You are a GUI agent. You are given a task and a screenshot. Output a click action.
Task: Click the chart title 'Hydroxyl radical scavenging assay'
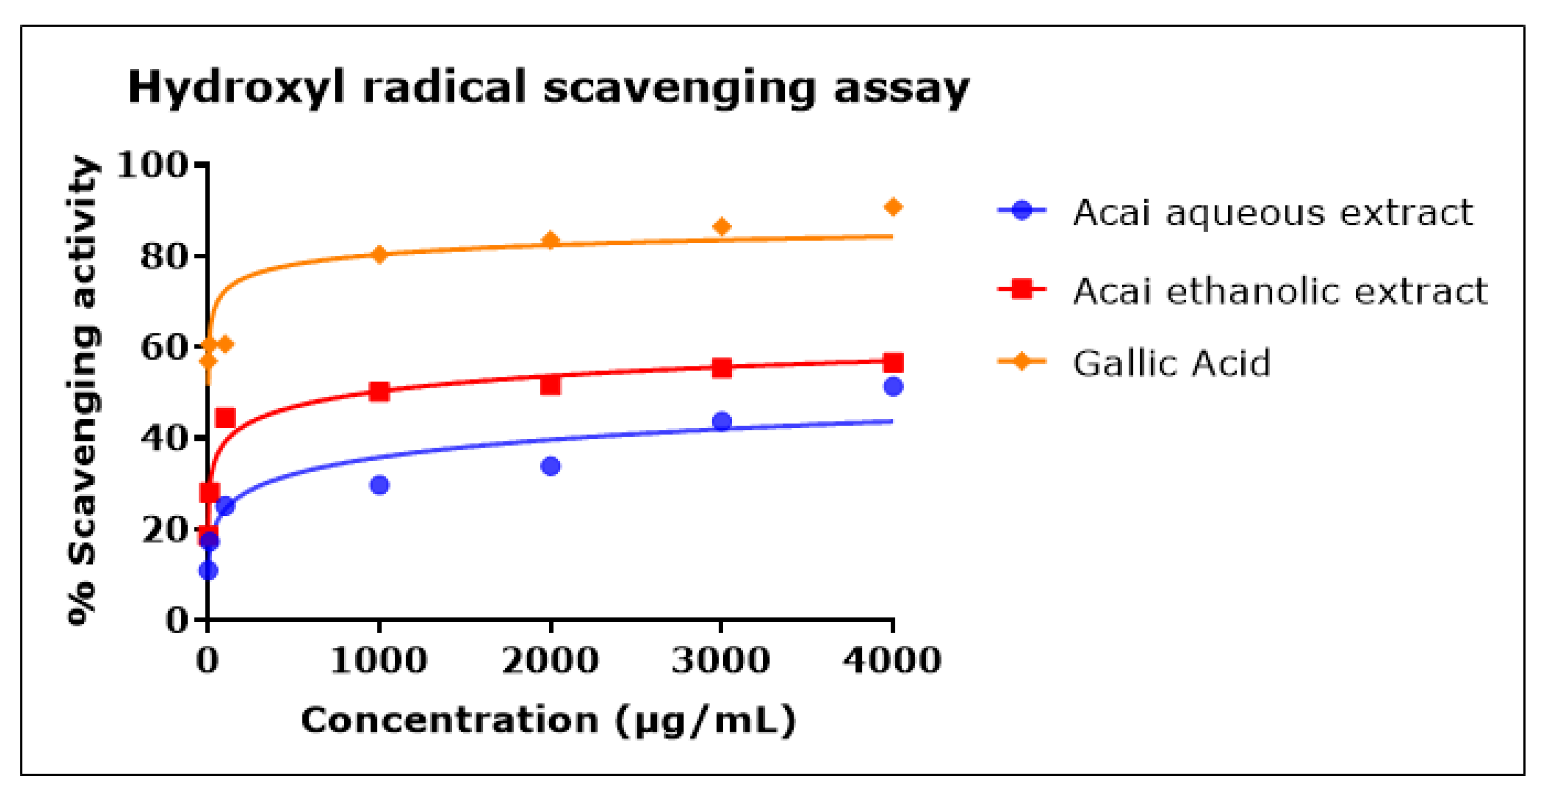click(x=548, y=88)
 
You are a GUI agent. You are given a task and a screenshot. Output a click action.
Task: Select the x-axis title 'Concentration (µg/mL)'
click(x=548, y=720)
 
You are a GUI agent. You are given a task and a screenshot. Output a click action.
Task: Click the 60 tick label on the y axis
click(x=164, y=347)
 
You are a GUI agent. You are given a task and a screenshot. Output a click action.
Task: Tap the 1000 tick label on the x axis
click(x=379, y=660)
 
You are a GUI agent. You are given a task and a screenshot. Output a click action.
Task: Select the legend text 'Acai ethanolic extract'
click(x=1280, y=291)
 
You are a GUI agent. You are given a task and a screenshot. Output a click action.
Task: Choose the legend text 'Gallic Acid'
click(x=1171, y=363)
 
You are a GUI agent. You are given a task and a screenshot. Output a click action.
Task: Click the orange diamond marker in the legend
click(x=1022, y=361)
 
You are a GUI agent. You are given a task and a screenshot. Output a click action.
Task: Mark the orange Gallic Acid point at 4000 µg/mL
click(x=893, y=207)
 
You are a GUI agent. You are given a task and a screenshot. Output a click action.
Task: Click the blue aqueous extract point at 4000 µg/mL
click(x=893, y=387)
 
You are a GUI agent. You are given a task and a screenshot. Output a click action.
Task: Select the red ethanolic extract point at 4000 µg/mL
click(x=893, y=363)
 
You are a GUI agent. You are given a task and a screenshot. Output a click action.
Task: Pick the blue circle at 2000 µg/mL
click(x=550, y=465)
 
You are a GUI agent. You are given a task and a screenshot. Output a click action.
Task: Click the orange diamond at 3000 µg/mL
click(x=722, y=227)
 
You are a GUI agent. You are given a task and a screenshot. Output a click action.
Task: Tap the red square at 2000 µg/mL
click(x=550, y=385)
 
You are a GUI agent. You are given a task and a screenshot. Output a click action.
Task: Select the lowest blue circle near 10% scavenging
click(x=208, y=571)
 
